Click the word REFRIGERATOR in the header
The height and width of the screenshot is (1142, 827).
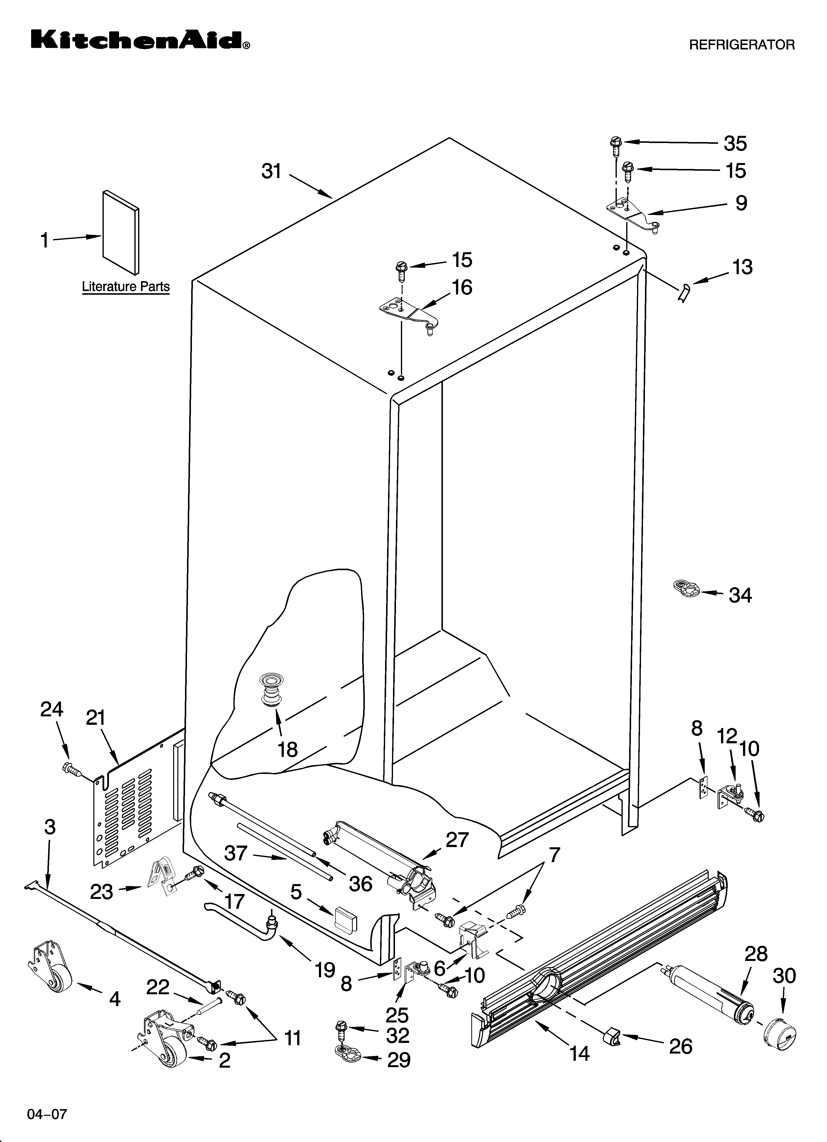click(741, 45)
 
